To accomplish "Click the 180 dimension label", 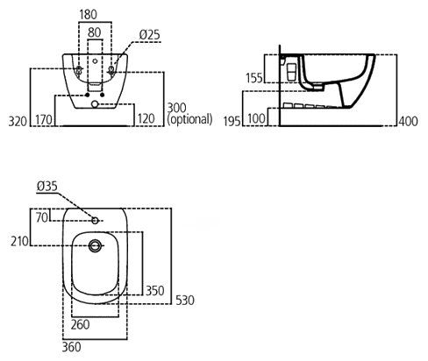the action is (88, 15).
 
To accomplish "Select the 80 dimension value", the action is (94, 32).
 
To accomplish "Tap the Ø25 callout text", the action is (149, 35).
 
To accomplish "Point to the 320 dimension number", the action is (18, 121).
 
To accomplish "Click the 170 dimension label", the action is (44, 120).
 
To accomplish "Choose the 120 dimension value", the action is (146, 119).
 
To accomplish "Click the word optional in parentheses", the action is (189, 119).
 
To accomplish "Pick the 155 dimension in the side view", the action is (254, 78).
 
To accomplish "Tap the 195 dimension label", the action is (232, 121).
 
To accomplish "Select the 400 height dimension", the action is (409, 121).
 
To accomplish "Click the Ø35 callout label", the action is (47, 187).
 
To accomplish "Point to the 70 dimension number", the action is (42, 217).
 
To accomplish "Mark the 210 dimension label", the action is (19, 242).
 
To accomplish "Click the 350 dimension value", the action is (155, 291).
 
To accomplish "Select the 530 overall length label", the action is (185, 301).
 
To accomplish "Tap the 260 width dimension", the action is (81, 324).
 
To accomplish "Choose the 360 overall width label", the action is (72, 347).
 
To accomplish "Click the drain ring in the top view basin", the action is (95, 240).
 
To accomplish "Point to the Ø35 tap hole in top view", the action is (95, 221).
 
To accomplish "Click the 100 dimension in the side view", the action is (256, 118).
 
